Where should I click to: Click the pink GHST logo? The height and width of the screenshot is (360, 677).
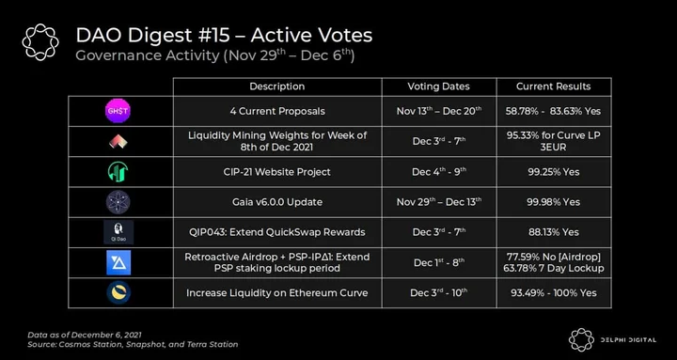[x=118, y=111]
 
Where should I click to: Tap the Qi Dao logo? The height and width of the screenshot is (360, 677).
[x=118, y=232]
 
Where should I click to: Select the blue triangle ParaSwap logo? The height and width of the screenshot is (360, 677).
[x=118, y=262]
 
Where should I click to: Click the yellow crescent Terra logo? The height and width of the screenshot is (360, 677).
[x=118, y=292]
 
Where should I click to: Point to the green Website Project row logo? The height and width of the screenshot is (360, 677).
[x=118, y=172]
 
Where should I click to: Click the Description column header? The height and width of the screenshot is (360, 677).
[x=277, y=86]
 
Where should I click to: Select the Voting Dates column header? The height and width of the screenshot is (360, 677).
[x=439, y=86]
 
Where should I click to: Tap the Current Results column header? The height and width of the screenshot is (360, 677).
[x=554, y=86]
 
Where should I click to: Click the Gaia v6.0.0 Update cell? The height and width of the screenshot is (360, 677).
[x=277, y=202]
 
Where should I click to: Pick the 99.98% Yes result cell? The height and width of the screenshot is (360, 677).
[x=553, y=202]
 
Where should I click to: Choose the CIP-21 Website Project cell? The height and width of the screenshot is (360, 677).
[x=276, y=172]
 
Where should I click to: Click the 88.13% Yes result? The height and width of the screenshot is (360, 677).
[x=553, y=232]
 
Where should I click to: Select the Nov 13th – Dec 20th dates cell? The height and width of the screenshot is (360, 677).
[x=439, y=111]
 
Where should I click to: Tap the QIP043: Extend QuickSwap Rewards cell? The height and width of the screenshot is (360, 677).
[x=276, y=232]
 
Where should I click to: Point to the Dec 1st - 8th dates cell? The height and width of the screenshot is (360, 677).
[x=439, y=262]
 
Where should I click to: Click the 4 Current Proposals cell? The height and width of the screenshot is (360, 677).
[x=277, y=111]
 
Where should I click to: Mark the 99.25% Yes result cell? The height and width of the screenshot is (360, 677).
[x=553, y=172]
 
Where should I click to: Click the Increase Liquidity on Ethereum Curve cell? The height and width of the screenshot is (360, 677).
[x=277, y=292]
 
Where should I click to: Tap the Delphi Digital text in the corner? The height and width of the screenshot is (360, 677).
[x=628, y=340]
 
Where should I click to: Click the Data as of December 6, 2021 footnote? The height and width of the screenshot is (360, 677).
[x=85, y=335]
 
